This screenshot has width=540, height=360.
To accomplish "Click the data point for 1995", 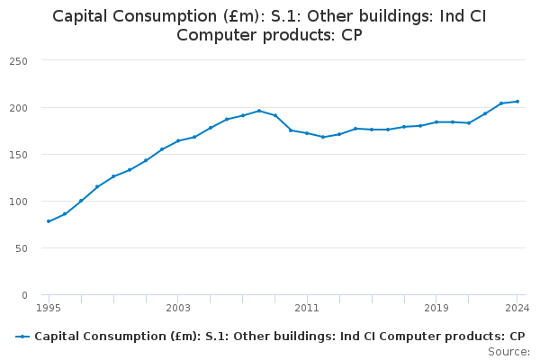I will coord(49,221).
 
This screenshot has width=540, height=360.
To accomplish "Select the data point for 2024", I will coord(517,102).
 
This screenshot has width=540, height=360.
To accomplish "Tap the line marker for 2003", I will coord(178,141).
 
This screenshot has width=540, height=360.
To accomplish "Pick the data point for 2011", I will coord(307,133).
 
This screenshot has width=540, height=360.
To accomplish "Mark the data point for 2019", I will coord(436,122).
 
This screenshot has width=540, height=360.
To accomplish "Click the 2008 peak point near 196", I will coord(259,111).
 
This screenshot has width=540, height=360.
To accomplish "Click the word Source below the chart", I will coord(509,350).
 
